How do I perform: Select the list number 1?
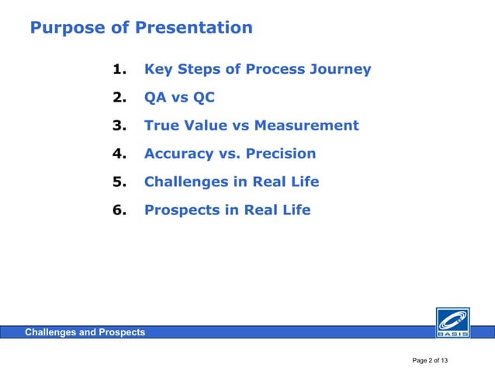pyautogui.click(x=119, y=70)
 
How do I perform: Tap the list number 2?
pyautogui.click(x=119, y=98)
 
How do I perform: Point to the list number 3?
pyautogui.click(x=119, y=126)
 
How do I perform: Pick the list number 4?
pyautogui.click(x=119, y=154)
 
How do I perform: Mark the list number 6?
pyautogui.click(x=119, y=210)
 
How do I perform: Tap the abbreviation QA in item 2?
pyautogui.click(x=157, y=98)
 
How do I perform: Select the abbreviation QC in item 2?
pyautogui.click(x=201, y=98)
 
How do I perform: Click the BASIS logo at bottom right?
pyautogui.click(x=452, y=322)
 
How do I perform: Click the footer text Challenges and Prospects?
pyautogui.click(x=85, y=332)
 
